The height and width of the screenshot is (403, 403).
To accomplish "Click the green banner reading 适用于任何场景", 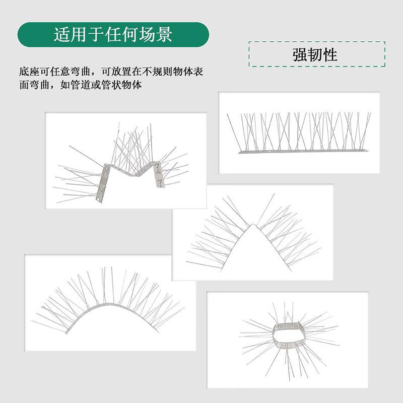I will (x=113, y=34).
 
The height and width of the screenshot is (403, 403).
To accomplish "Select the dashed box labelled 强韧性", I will (x=317, y=54).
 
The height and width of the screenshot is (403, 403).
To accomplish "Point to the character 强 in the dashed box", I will (x=300, y=54).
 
